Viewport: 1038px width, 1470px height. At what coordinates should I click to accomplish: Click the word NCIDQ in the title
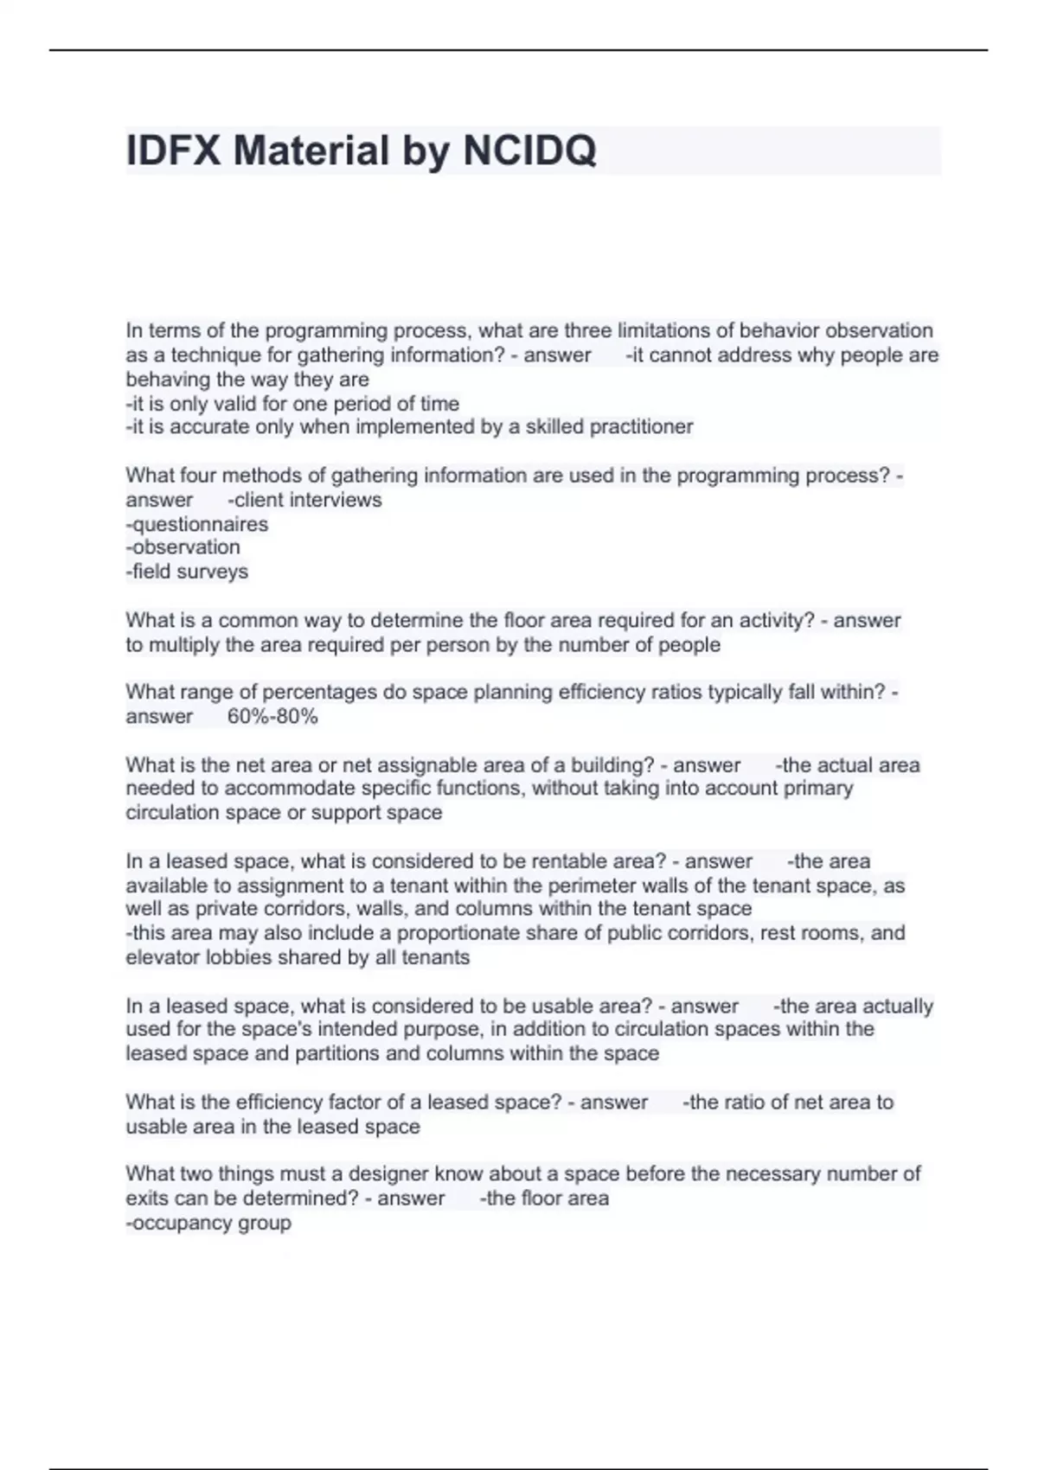(529, 150)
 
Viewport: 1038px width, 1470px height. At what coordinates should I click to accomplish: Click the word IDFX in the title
(173, 150)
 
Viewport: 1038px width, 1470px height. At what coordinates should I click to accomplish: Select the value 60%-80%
(272, 716)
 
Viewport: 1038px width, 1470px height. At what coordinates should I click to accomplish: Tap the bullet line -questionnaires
(197, 524)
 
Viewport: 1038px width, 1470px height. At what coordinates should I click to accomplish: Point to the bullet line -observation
(183, 547)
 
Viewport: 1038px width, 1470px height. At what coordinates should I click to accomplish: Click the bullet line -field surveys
(187, 572)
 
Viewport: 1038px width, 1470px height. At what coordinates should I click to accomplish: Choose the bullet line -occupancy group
(208, 1223)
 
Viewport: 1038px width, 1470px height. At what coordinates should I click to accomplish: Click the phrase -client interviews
(304, 500)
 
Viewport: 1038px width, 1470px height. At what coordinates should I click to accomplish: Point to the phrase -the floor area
(545, 1198)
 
